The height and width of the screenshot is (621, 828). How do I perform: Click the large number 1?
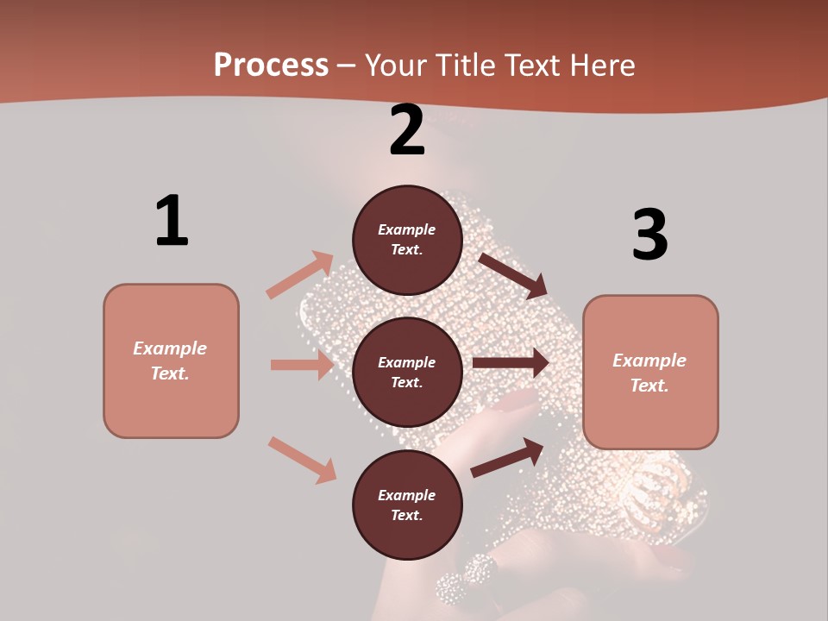click(172, 222)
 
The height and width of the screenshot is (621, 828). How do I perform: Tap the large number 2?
click(407, 130)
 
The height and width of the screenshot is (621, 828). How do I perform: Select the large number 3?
click(649, 235)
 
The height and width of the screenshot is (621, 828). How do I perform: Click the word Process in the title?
click(271, 65)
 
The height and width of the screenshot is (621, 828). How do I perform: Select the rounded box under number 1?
click(171, 361)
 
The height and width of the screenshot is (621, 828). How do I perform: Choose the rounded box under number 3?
click(650, 372)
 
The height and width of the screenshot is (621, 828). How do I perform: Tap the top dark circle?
click(407, 240)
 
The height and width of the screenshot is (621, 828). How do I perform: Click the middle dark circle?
click(407, 372)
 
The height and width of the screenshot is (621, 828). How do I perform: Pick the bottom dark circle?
click(407, 505)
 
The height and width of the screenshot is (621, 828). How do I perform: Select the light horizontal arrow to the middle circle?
click(302, 365)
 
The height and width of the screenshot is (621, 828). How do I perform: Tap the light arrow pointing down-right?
click(302, 460)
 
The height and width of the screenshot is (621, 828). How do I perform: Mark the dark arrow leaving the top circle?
click(513, 274)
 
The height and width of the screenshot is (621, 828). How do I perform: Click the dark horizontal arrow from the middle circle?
click(511, 363)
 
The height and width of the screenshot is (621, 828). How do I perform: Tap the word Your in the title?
click(397, 65)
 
